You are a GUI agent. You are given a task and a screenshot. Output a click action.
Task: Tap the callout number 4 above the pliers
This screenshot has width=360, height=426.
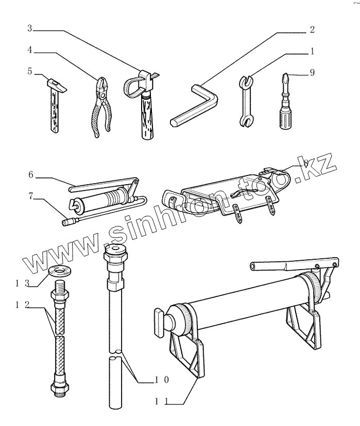pyautogui.click(x=30, y=52)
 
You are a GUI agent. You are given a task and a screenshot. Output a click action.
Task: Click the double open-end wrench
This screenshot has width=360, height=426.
pyautogui.click(x=247, y=100)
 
